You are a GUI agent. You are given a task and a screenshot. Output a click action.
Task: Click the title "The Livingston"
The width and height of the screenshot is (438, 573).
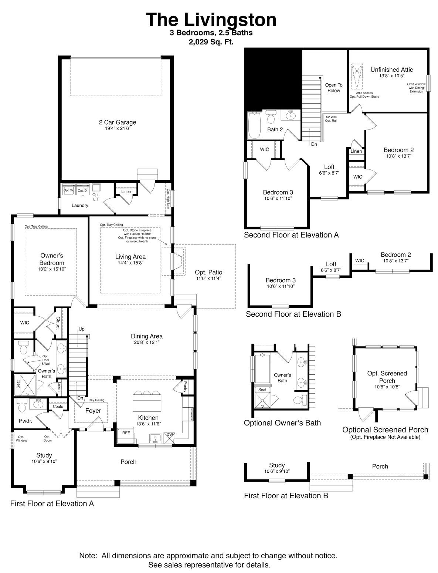(211, 19)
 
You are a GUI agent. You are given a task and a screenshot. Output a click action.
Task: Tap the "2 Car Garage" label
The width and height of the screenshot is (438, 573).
(117, 122)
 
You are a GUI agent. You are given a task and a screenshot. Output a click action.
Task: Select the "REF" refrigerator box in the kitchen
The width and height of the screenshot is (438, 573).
(126, 432)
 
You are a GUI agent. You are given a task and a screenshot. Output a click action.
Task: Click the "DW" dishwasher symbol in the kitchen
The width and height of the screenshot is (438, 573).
(170, 435)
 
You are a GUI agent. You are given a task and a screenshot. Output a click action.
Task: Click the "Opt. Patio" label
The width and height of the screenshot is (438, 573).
(208, 273)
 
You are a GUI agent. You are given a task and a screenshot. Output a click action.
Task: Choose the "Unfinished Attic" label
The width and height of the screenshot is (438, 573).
(391, 70)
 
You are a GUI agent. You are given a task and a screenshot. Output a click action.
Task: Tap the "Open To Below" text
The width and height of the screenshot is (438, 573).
(333, 88)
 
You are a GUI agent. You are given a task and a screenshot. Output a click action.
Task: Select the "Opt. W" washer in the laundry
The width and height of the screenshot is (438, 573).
(69, 190)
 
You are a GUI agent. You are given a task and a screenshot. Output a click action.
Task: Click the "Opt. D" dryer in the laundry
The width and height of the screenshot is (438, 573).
(82, 190)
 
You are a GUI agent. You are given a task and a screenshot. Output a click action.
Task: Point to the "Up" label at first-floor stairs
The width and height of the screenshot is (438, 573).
(81, 329)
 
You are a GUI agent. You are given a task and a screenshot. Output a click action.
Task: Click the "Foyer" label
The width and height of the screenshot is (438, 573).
(93, 411)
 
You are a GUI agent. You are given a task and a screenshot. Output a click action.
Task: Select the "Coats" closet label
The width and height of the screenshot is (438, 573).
(58, 406)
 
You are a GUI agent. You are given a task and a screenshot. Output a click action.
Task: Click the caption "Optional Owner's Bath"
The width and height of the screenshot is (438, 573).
(282, 423)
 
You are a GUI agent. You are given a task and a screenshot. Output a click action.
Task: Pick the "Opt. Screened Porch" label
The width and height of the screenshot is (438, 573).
(387, 377)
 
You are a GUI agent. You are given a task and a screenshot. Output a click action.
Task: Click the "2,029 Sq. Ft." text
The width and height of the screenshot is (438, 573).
(211, 42)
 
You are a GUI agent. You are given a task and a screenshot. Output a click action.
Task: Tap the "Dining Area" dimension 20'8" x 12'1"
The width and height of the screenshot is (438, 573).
(146, 343)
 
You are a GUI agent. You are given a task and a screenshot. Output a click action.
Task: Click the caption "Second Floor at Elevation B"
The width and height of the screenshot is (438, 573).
(293, 314)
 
